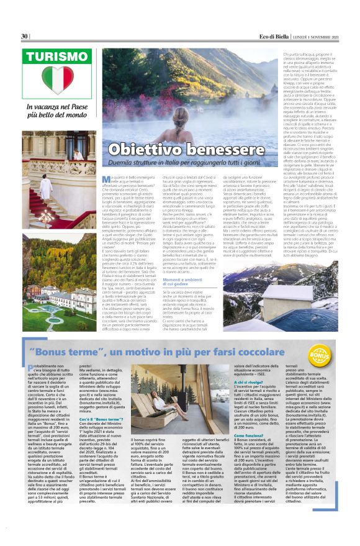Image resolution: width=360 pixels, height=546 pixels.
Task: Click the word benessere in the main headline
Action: click(x=210, y=150)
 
